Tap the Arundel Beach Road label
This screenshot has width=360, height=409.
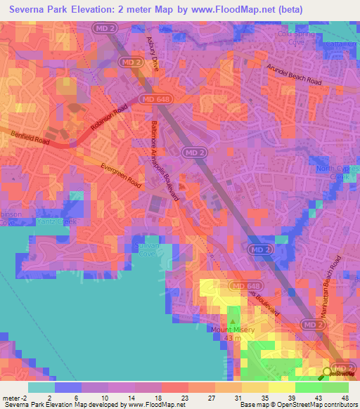coord(294,74)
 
